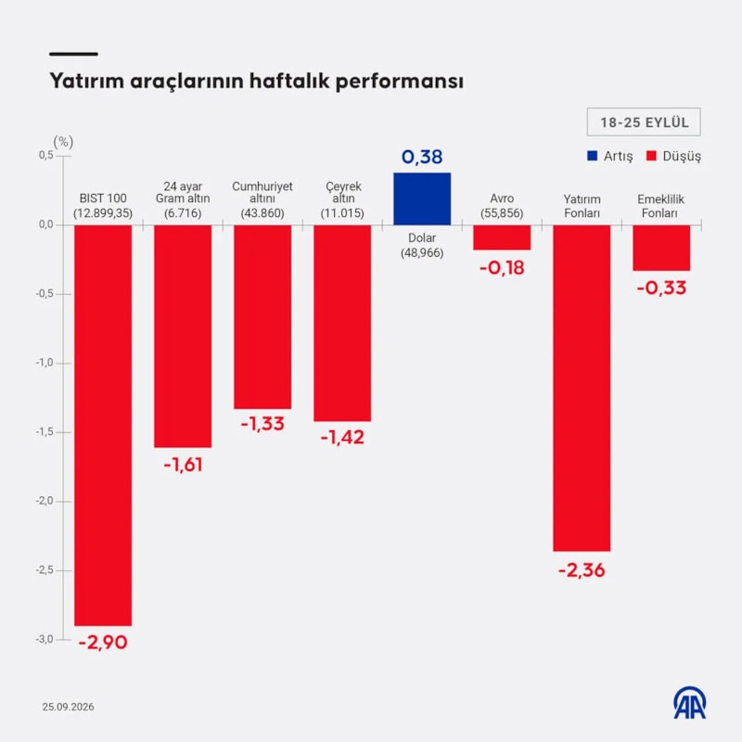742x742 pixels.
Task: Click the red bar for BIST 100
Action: coord(103,425)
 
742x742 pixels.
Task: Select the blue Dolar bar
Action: coord(422,198)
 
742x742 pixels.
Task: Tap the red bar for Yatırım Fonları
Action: coord(582,388)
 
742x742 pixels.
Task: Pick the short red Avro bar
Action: coord(502,237)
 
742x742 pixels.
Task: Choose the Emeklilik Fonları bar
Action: coord(661,248)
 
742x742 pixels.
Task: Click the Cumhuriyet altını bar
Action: coord(262,316)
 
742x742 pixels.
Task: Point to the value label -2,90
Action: coord(103,642)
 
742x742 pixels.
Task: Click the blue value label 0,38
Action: coord(422,157)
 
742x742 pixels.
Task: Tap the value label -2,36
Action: coord(582,570)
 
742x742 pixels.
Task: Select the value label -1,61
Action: coord(183,465)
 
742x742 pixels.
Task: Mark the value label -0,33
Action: coord(661,288)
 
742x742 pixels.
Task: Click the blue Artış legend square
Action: coord(592,156)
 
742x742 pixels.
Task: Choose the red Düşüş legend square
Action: coord(652,156)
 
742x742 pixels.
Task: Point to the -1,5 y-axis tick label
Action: coord(44,432)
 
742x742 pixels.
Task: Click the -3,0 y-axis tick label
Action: coord(44,639)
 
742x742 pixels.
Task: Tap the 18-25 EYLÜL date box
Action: coord(644,122)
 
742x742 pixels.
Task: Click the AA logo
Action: coord(690,703)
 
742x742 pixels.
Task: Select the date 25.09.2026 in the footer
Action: coord(68,707)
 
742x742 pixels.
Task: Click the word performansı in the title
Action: coord(400,81)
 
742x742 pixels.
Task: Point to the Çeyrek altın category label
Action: coord(342,192)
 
